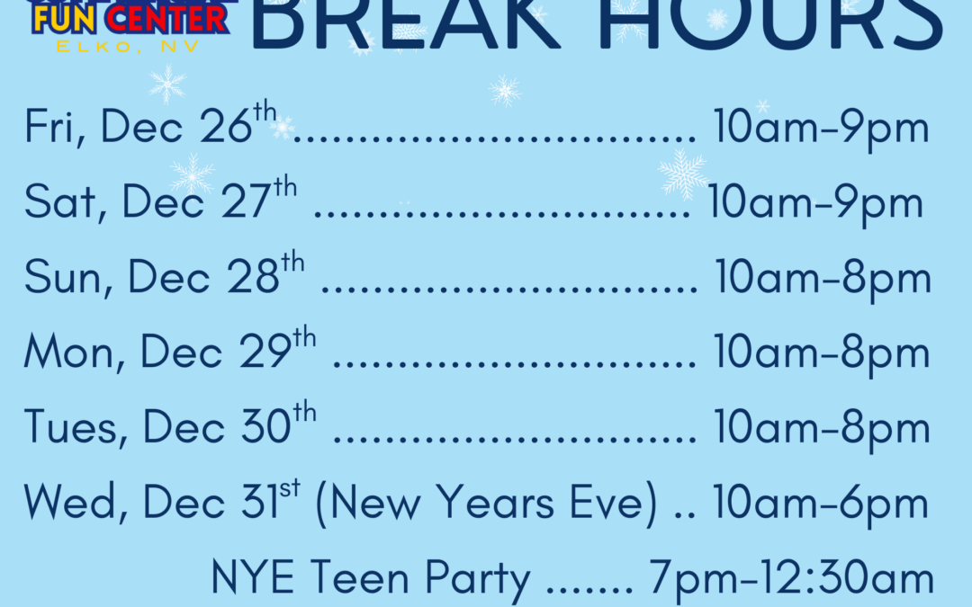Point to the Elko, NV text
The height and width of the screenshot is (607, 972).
click(129, 46)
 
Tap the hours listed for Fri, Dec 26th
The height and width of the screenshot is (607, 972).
click(821, 129)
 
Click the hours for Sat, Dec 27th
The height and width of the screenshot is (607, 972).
click(815, 203)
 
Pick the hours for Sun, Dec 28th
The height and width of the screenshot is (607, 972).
click(823, 278)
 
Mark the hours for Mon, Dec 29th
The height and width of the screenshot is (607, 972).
click(822, 353)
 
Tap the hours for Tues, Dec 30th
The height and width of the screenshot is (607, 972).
click(822, 427)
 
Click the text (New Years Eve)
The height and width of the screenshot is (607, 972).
click(486, 504)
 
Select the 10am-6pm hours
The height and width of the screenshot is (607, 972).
click(821, 504)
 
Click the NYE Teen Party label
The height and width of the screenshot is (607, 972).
click(370, 579)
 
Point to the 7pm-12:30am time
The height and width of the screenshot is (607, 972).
click(792, 579)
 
